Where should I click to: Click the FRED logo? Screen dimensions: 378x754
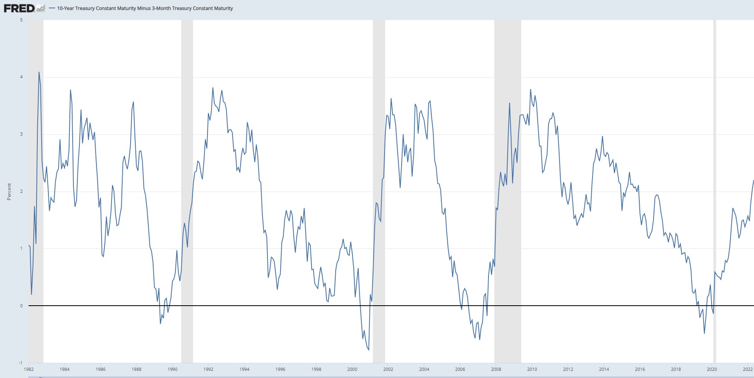(x=19, y=8)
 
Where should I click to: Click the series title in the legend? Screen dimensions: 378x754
(x=145, y=8)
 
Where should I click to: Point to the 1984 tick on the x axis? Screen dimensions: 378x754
(x=64, y=369)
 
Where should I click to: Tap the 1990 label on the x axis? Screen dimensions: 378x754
(x=172, y=369)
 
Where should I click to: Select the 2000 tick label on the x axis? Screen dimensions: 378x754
(x=352, y=369)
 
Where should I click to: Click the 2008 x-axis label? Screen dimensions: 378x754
(x=496, y=369)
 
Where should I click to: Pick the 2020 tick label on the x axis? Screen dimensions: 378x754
(x=712, y=369)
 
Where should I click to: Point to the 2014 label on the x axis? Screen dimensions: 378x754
(x=604, y=369)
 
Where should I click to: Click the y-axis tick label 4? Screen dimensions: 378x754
(x=21, y=77)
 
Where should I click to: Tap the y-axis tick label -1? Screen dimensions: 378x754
(x=21, y=363)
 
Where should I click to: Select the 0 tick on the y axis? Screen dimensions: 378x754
(x=21, y=306)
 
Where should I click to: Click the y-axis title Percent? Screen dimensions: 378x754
(x=9, y=192)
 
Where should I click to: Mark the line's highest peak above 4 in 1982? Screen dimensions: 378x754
(x=39, y=72)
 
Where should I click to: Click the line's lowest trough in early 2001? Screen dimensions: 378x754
(x=369, y=350)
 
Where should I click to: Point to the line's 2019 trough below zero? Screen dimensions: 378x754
(x=704, y=333)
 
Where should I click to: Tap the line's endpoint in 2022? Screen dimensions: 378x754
(x=753, y=180)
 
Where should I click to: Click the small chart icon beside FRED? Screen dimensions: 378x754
(x=40, y=8)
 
